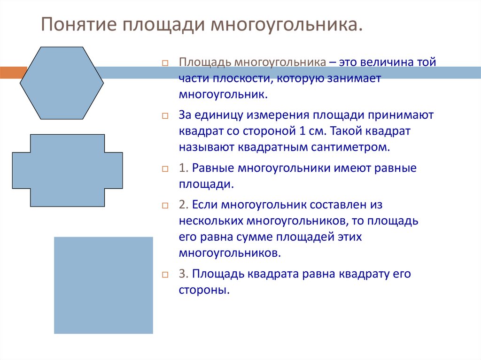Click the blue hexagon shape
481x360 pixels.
[x=62, y=83]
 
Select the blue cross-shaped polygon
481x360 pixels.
[x=67, y=170]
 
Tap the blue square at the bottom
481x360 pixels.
[x=103, y=285]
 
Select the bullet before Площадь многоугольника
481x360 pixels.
[x=165, y=63]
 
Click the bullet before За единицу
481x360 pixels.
[x=165, y=116]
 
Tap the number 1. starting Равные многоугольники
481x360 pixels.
[x=183, y=168]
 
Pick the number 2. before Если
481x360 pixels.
[x=183, y=205]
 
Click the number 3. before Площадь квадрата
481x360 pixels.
[x=183, y=274]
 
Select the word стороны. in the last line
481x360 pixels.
[x=204, y=290]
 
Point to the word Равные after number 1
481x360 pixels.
[x=213, y=168]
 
